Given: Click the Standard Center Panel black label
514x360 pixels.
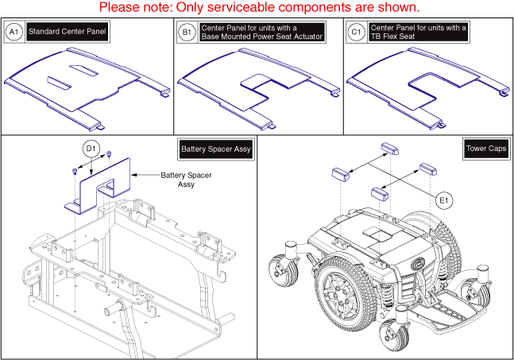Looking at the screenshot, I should click(68, 33).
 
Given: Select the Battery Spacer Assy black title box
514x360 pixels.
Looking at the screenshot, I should click(217, 149).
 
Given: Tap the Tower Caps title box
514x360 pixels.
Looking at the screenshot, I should click(480, 149).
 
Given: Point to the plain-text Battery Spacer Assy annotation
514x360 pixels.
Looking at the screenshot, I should click(178, 180).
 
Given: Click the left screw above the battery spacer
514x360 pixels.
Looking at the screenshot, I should click(74, 171).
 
